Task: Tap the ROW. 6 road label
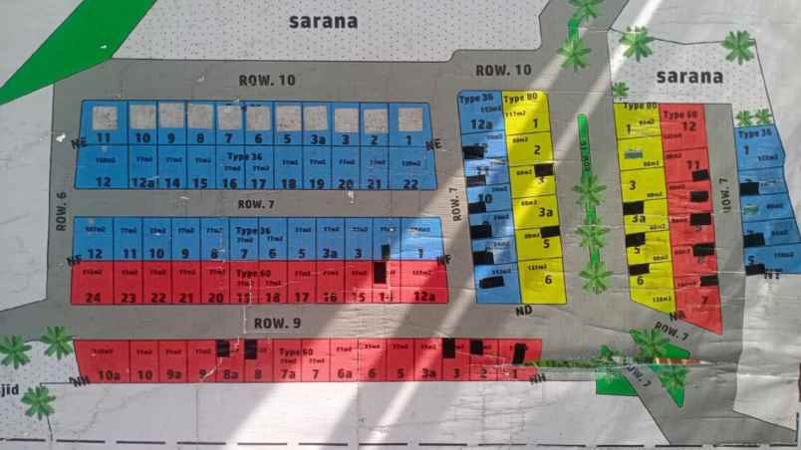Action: pyautogui.click(x=61, y=211)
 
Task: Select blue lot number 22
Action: pyautogui.click(x=410, y=183)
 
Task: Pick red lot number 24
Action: pyautogui.click(x=94, y=297)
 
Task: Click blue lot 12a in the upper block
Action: pyautogui.click(x=144, y=183)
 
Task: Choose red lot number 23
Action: pyautogui.click(x=128, y=297)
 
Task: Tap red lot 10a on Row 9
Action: pyautogui.click(x=108, y=375)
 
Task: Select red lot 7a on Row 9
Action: pyautogui.click(x=287, y=374)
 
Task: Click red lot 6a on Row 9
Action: pyautogui.click(x=346, y=374)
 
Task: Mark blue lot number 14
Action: pyautogui.click(x=173, y=183)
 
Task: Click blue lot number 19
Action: pyautogui.click(x=317, y=183)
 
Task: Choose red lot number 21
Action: pyautogui.click(x=185, y=297)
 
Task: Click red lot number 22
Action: pyautogui.click(x=156, y=297)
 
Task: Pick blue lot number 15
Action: pyautogui.click(x=201, y=183)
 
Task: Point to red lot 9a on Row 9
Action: pyautogui.click(x=173, y=375)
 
